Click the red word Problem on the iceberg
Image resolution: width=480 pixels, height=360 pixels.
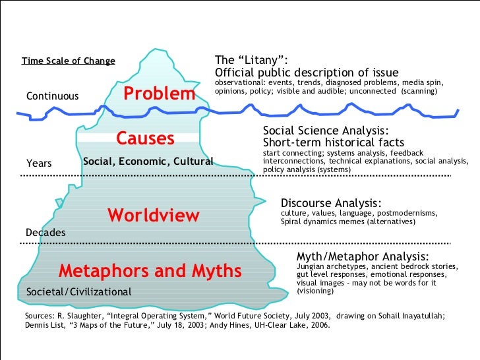pos(160,94)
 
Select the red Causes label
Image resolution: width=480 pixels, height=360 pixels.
pos(145,138)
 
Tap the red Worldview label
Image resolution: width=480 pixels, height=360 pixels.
pos(153,215)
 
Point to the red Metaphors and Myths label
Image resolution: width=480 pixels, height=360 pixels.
pos(150,271)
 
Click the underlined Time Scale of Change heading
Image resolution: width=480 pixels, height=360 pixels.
pos(69,61)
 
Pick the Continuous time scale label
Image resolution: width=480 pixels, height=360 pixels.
pos(52,97)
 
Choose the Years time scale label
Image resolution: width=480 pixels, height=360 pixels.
pos(38,163)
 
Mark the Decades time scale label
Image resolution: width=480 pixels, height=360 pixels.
pos(45,233)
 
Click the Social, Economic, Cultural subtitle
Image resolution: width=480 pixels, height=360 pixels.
pos(148,162)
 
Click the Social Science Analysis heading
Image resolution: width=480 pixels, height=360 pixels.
pos(326,131)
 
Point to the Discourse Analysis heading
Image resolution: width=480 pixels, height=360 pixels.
pos(331,203)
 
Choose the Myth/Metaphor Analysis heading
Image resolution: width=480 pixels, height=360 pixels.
pos(363,256)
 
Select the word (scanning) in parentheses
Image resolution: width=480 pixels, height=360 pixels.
pos(419,90)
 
